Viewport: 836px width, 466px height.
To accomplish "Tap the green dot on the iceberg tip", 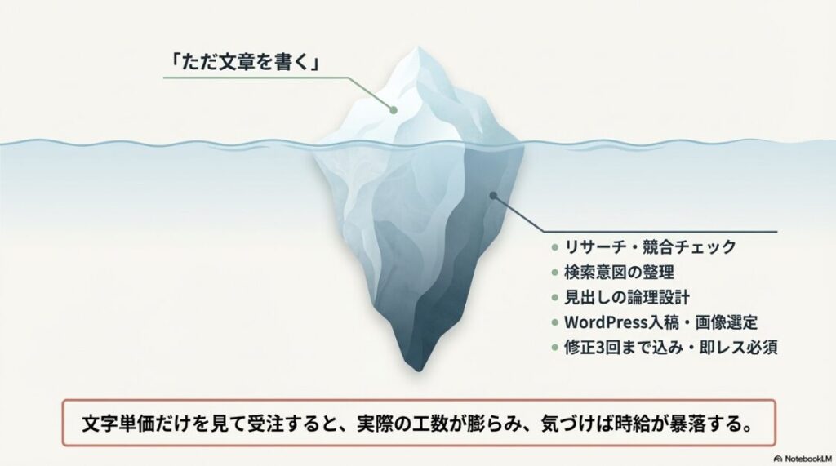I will point(394,110).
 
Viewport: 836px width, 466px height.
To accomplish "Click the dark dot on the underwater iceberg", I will point(493,195).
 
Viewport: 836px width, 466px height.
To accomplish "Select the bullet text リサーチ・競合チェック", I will point(650,246).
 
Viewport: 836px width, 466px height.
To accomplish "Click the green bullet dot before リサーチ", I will point(554,246).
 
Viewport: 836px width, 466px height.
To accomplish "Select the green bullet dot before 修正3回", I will point(554,347).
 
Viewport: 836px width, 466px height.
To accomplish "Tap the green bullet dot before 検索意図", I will point(554,271).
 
